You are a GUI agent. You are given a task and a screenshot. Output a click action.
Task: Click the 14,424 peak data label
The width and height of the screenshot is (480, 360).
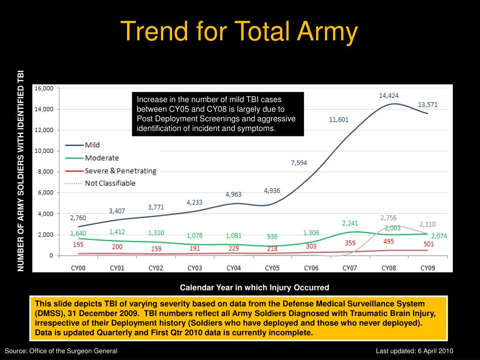click(x=389, y=96)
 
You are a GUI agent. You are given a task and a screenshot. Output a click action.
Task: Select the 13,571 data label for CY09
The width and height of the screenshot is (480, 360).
click(x=427, y=105)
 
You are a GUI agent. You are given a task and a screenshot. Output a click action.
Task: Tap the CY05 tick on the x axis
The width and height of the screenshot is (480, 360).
click(x=272, y=268)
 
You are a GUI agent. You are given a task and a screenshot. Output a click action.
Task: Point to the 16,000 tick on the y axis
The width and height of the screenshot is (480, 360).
click(x=44, y=88)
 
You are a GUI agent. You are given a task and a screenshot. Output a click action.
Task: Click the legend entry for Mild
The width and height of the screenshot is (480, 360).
click(x=92, y=145)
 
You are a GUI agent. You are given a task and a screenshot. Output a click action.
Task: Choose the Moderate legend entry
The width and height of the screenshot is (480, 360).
click(x=102, y=158)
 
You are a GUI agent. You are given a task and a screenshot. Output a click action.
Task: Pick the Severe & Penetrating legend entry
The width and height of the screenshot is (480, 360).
click(x=120, y=171)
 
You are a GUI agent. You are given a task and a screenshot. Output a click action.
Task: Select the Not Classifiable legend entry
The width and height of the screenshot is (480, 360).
click(x=110, y=183)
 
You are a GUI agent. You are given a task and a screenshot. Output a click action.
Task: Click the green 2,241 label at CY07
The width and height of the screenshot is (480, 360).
click(x=350, y=223)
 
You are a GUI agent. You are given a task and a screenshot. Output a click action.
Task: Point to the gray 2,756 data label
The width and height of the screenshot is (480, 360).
click(x=388, y=218)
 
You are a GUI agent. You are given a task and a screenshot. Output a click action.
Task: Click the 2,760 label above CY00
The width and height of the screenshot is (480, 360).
click(x=78, y=218)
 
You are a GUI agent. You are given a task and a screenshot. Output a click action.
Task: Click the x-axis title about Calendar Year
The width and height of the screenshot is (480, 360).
click(x=255, y=287)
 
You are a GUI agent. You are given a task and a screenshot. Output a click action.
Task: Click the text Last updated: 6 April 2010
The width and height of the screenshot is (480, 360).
click(x=414, y=351)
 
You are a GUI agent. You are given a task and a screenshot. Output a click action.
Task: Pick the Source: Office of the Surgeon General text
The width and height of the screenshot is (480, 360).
click(x=61, y=351)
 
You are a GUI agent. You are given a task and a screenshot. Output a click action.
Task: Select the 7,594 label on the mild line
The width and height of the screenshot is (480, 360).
click(x=299, y=163)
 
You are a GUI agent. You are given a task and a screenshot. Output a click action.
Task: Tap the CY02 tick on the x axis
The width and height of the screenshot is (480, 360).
click(x=156, y=268)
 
